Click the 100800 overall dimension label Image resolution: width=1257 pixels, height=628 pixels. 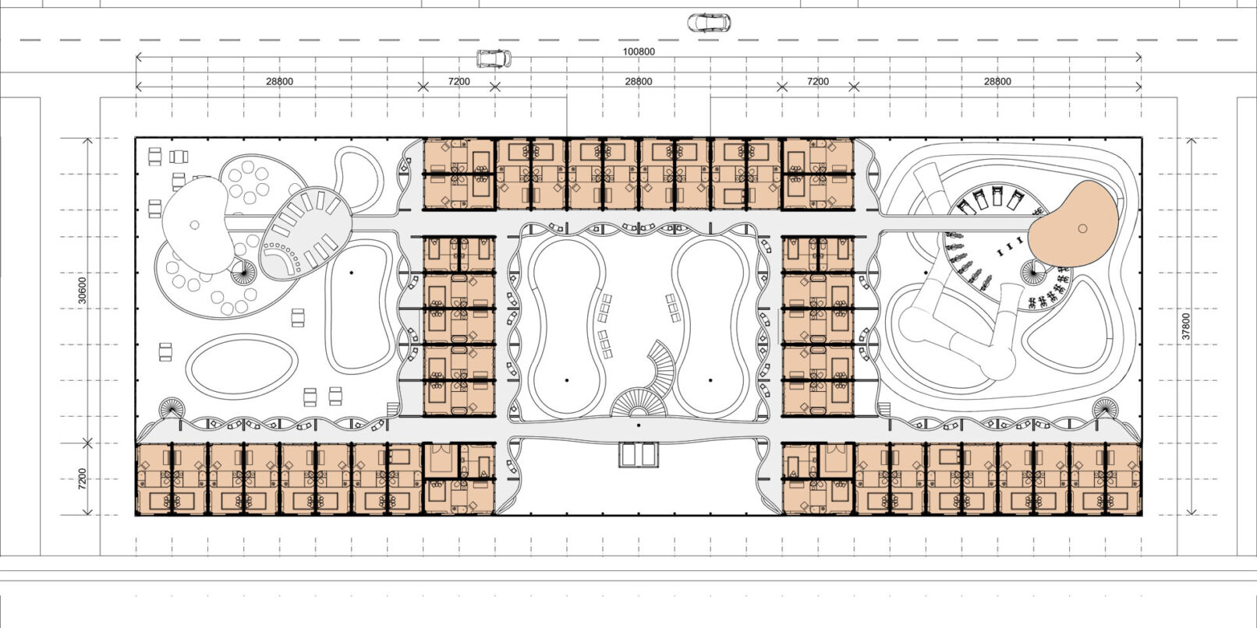(x=639, y=51)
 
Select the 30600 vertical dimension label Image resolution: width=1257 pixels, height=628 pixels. (x=83, y=291)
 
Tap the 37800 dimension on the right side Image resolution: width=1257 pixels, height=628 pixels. (x=1186, y=326)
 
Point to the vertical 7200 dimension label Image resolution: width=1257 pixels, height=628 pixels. (x=83, y=479)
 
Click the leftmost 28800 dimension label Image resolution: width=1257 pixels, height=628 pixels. (x=279, y=81)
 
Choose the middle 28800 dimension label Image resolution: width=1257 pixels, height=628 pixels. (x=639, y=81)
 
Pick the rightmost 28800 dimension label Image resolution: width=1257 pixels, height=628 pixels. (x=997, y=81)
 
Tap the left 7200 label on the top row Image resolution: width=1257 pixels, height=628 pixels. (x=459, y=81)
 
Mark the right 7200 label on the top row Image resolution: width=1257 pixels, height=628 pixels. (x=818, y=81)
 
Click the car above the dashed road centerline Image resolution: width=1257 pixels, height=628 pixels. (x=710, y=23)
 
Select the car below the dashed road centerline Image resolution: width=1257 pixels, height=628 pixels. (x=494, y=58)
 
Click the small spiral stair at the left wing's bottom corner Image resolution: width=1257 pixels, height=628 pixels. (x=171, y=409)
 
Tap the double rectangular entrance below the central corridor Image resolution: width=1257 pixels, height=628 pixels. (x=639, y=455)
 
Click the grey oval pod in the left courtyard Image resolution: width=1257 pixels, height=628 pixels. (x=305, y=233)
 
